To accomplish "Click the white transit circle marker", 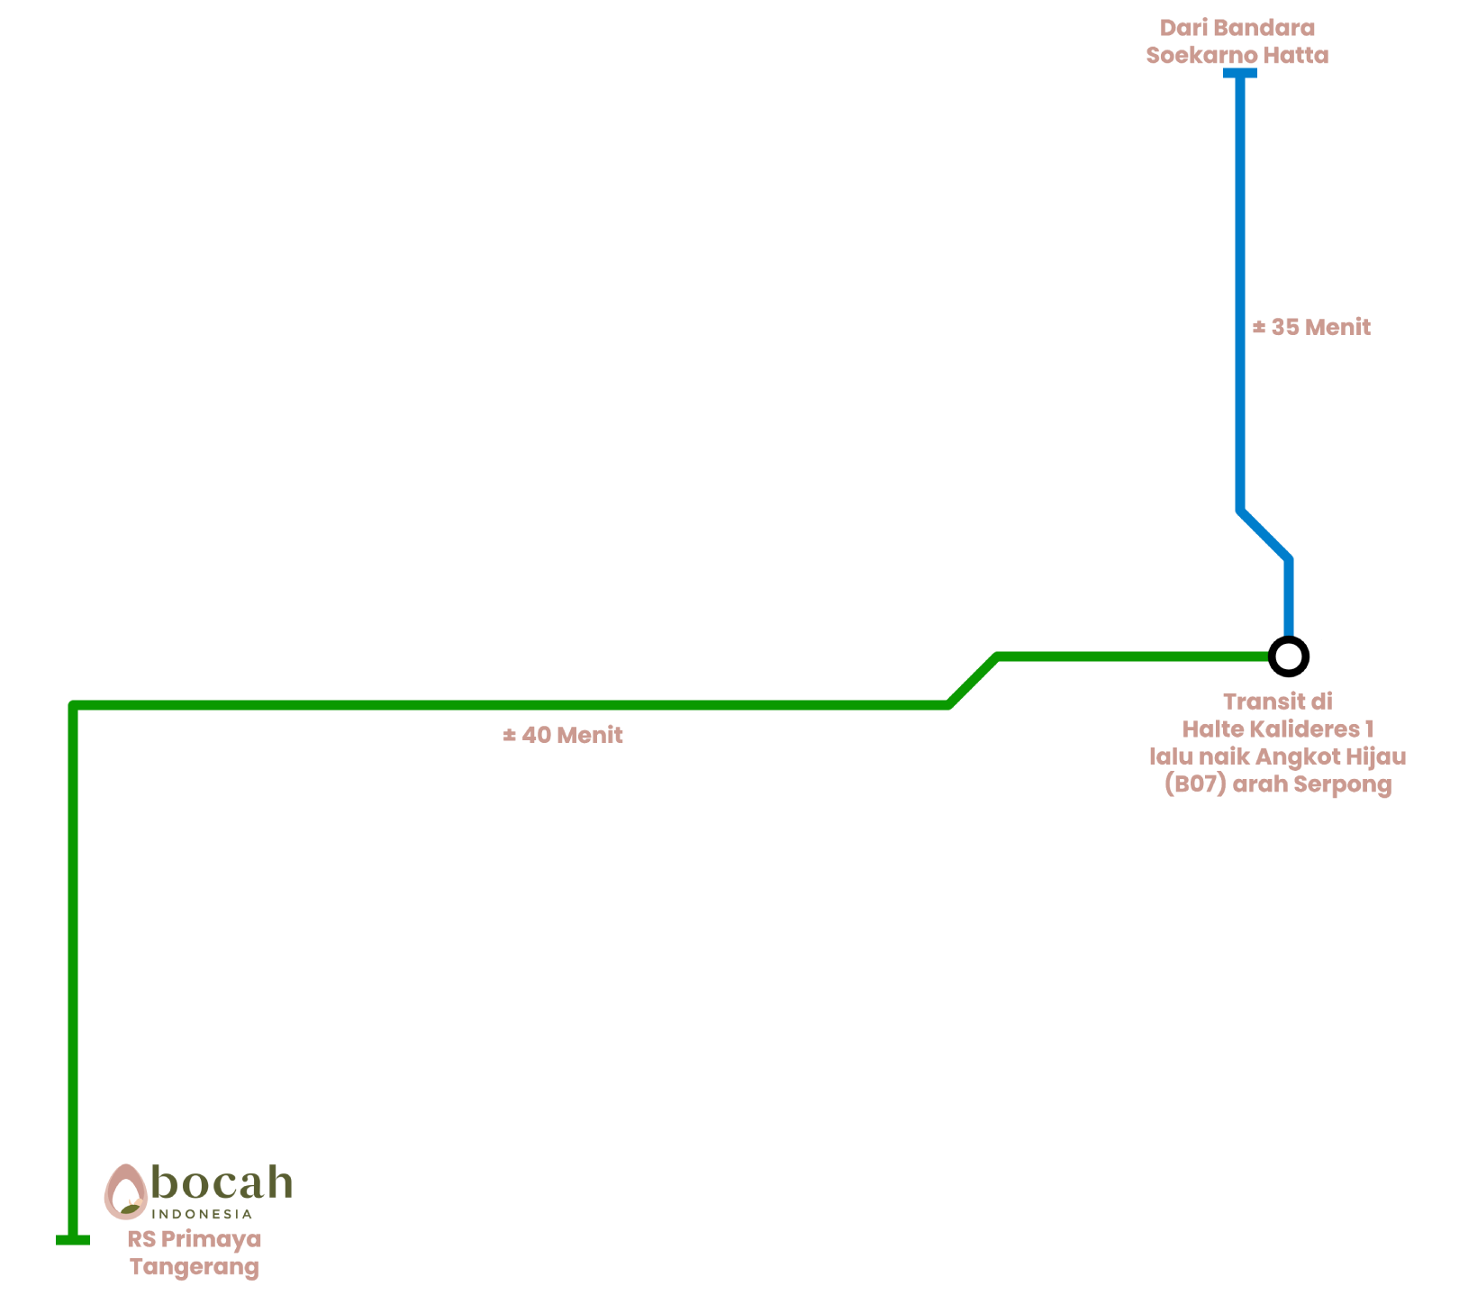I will point(1289,656).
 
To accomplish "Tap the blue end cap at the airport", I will point(1240,73).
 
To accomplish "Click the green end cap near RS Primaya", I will point(73,1240).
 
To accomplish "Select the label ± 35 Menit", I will point(1311,327).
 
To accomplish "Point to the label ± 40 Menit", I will point(563,735).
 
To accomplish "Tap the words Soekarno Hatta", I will point(1237,56).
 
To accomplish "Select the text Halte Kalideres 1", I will point(1277,729).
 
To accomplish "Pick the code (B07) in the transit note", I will point(1195,784).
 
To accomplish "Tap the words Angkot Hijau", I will point(1331,756).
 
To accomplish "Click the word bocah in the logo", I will point(222,1182).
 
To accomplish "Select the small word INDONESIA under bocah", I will point(202,1214).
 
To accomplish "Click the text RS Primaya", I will point(194,1239).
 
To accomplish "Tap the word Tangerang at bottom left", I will point(195,1267).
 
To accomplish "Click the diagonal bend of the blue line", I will point(1264,535).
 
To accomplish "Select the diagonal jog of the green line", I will point(973,681).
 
